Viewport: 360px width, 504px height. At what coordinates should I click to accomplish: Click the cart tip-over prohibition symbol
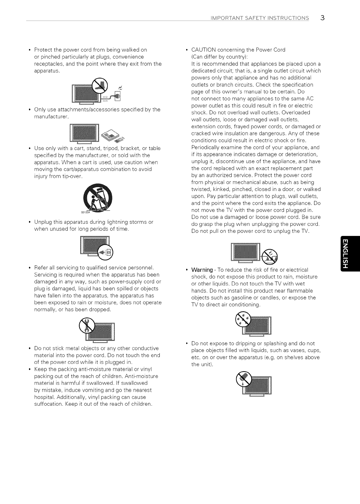(98, 197)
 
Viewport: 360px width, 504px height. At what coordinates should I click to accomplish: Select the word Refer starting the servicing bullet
(41, 268)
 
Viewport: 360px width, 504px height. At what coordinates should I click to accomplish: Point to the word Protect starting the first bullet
(43, 50)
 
